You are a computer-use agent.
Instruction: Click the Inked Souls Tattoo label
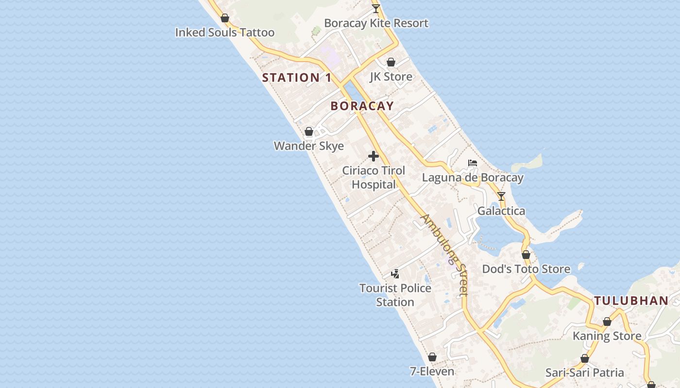pyautogui.click(x=225, y=32)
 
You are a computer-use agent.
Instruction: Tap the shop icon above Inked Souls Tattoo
pyautogui.click(x=225, y=18)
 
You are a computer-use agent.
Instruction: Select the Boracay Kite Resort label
pyautogui.click(x=376, y=23)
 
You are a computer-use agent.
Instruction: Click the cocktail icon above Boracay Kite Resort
pyautogui.click(x=376, y=9)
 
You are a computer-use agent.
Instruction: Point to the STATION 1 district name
pyautogui.click(x=297, y=78)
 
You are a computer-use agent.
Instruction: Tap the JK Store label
pyautogui.click(x=391, y=77)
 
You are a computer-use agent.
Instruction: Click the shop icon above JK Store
pyautogui.click(x=391, y=63)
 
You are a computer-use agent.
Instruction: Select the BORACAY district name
pyautogui.click(x=362, y=106)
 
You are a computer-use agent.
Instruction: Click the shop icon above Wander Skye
pyautogui.click(x=309, y=132)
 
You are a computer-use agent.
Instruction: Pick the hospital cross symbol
pyautogui.click(x=374, y=156)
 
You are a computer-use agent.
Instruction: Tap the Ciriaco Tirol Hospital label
pyautogui.click(x=374, y=178)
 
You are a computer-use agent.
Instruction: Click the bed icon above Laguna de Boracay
pyautogui.click(x=473, y=163)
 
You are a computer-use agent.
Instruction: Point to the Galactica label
pyautogui.click(x=501, y=211)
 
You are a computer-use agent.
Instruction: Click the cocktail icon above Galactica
pyautogui.click(x=501, y=196)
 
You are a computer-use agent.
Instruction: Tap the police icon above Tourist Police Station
pyautogui.click(x=395, y=274)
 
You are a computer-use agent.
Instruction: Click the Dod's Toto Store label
pyautogui.click(x=526, y=269)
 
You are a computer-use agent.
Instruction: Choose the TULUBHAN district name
pyautogui.click(x=631, y=301)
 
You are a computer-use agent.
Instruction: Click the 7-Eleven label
pyautogui.click(x=432, y=372)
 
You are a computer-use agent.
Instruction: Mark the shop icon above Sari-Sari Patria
pyautogui.click(x=585, y=359)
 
